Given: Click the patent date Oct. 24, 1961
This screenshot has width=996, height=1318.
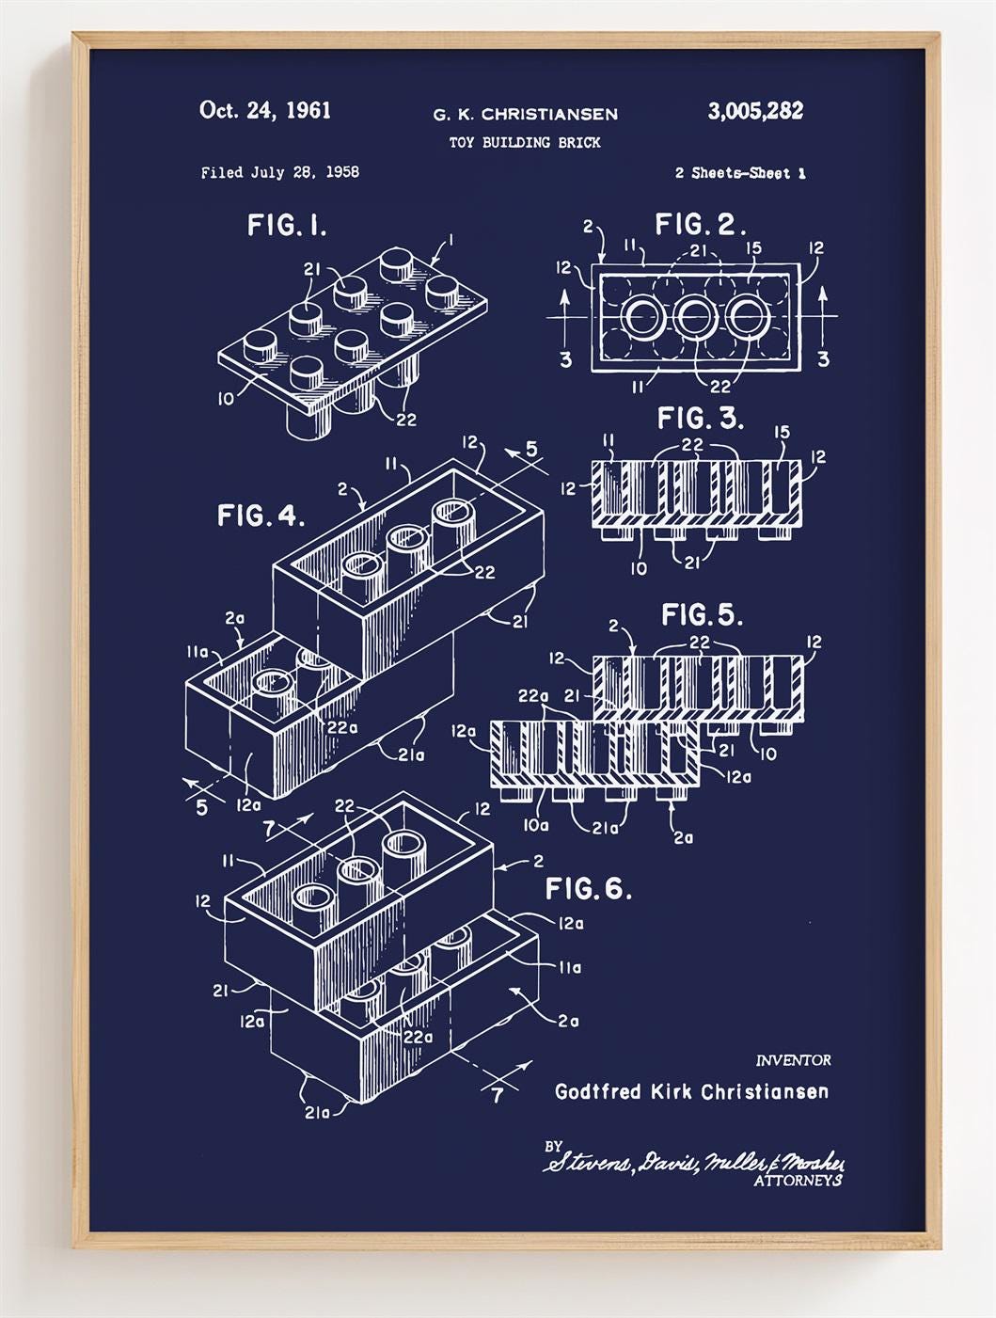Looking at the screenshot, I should (264, 111).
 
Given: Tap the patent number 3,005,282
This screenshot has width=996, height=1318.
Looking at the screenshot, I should (755, 111).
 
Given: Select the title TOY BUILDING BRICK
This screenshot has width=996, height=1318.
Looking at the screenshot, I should (525, 143).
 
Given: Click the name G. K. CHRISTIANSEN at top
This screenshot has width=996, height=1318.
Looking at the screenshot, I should (525, 115).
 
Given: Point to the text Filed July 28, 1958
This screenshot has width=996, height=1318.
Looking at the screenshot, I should (279, 172).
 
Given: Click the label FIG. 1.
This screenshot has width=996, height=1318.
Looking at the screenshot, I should (287, 226).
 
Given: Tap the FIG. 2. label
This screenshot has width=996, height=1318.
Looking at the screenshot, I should (700, 225).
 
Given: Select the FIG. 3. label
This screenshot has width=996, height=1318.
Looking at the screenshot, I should (700, 418).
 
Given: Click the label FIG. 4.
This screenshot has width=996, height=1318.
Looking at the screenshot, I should (261, 516).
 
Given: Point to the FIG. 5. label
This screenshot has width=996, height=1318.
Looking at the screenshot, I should (702, 615).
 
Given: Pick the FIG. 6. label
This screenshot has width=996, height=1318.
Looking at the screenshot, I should (589, 889).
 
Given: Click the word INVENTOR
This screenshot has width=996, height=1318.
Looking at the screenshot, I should (793, 1060).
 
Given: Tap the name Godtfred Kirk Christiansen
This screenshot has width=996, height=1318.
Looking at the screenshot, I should (691, 1092).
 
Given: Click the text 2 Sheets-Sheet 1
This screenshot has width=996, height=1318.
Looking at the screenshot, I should (739, 173).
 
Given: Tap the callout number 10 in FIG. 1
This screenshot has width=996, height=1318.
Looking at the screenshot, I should (226, 399).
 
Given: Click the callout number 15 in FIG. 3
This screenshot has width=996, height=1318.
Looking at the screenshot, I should (782, 433).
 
